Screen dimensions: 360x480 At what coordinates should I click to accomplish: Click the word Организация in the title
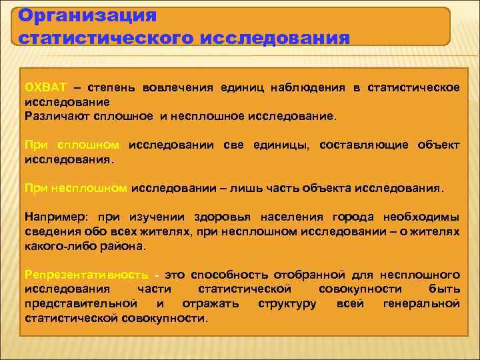pyautogui.click(x=87, y=15)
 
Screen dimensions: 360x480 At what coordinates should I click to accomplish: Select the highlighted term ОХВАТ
pyautogui.click(x=46, y=88)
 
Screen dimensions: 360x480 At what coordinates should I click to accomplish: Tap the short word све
pyautogui.click(x=235, y=145)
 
